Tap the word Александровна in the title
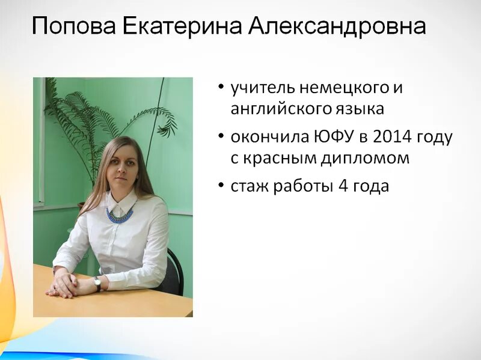[x=337, y=26]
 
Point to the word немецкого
[x=339, y=88]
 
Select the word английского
[x=277, y=109]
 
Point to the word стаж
[x=250, y=186]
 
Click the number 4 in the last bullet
[x=343, y=186]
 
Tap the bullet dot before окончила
[x=221, y=137]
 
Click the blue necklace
[x=120, y=215]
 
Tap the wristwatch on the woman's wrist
[x=97, y=283]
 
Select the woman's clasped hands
[x=65, y=284]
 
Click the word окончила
[x=270, y=137]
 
